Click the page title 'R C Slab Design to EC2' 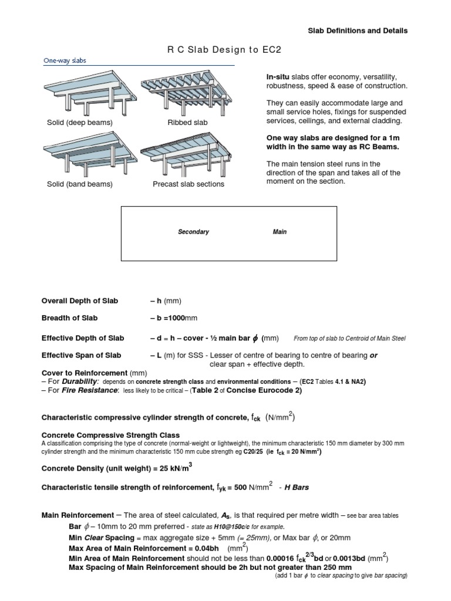[225, 50]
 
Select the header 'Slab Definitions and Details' [358, 31]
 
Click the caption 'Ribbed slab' [183, 123]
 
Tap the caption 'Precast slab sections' [188, 184]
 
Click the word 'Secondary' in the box [193, 232]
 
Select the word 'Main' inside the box [280, 232]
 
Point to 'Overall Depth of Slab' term [79, 300]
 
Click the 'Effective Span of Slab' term [81, 355]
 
